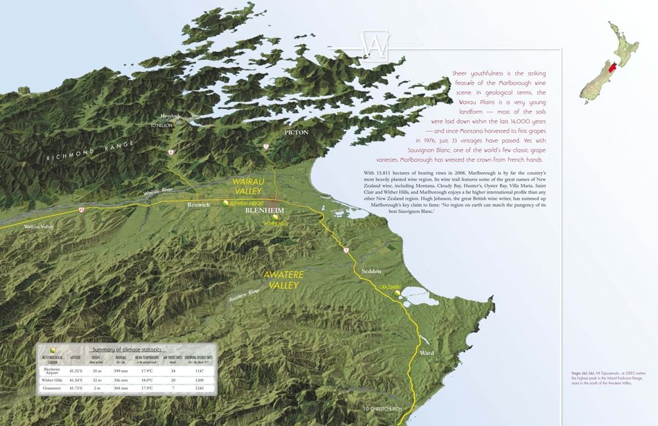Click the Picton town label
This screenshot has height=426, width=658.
[296, 132]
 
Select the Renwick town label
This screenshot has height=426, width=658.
[198, 205]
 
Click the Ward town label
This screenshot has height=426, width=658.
[426, 354]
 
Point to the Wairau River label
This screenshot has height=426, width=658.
[162, 191]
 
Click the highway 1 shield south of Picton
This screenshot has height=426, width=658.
[266, 146]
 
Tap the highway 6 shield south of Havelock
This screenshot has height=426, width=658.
[170, 153]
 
